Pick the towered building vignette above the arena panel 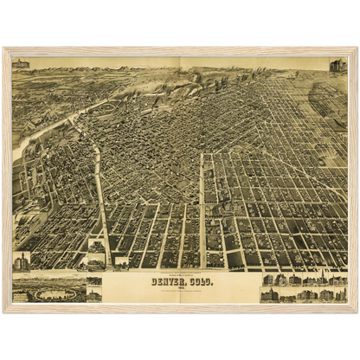(21, 260)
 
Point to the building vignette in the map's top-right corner (337, 66)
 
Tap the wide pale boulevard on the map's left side (100, 199)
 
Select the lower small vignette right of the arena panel (93, 294)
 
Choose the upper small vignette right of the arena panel (93, 282)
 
